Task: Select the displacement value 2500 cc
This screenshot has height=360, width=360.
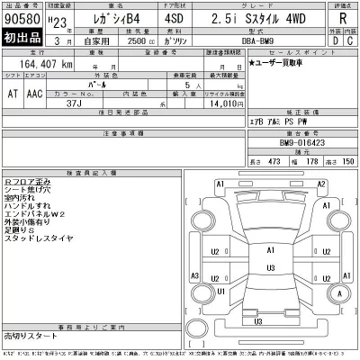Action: coord(133,42)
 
